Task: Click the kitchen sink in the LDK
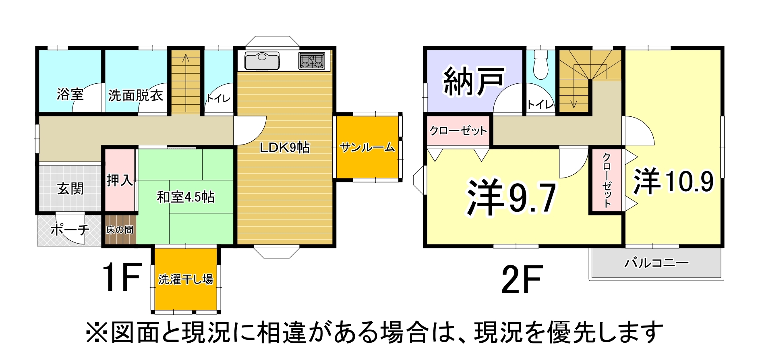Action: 262,61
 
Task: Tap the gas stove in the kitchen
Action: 311,61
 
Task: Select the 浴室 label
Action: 70,94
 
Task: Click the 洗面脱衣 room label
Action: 135,95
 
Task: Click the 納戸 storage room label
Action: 474,81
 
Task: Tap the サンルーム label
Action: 367,147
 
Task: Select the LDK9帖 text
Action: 284,147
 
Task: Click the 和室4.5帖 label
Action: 185,197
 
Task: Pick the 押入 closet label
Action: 120,180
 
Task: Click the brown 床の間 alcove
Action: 120,230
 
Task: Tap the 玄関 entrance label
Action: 70,188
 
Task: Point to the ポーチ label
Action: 70,230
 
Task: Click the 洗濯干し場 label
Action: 185,279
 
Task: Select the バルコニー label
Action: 656,263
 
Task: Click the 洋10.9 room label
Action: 673,181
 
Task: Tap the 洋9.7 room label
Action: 511,198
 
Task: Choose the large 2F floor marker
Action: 522,279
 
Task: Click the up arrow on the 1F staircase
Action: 186,59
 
